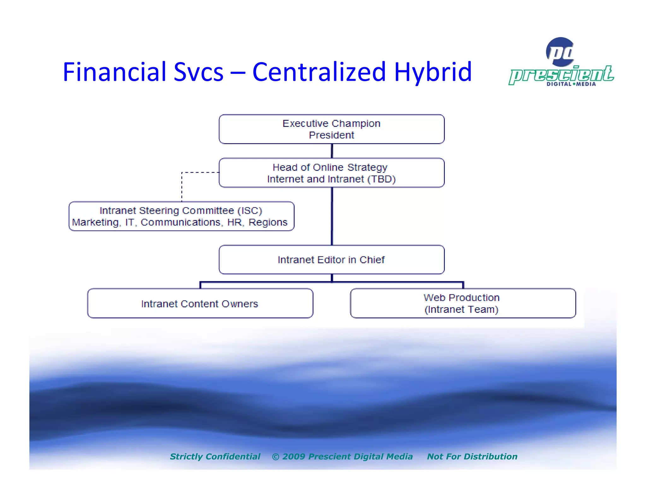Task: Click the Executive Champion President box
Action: (x=332, y=129)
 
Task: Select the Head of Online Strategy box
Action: (x=332, y=173)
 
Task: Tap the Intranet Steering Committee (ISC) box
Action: (x=181, y=216)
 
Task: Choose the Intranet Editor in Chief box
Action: (x=332, y=260)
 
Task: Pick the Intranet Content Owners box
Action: (x=200, y=303)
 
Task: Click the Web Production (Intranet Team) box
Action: (x=462, y=303)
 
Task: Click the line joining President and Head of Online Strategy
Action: (x=332, y=151)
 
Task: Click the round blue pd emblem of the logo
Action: (x=560, y=52)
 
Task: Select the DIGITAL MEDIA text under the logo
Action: (x=571, y=84)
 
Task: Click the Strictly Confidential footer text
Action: (x=215, y=456)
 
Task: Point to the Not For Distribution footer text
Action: (x=472, y=456)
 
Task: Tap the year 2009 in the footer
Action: (x=293, y=456)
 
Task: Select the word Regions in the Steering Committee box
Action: (x=268, y=222)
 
